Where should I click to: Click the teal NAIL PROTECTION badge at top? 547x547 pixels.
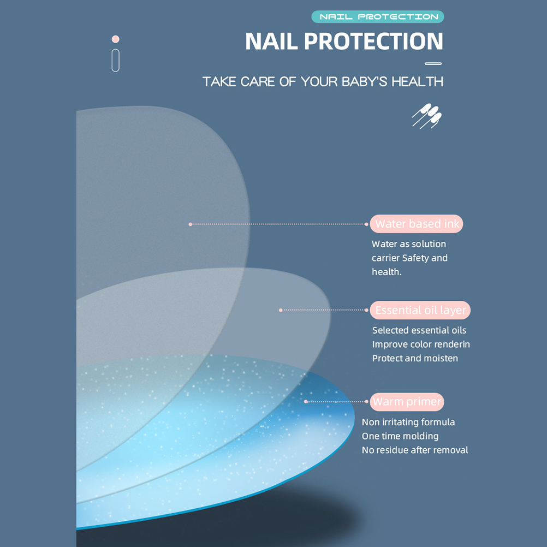point(377,17)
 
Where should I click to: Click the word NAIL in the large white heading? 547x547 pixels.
point(271,41)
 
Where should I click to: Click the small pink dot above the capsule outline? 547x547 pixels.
point(116,39)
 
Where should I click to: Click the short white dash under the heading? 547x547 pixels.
point(433,63)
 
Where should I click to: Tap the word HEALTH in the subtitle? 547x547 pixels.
point(417,82)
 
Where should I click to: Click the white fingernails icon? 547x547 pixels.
point(427,116)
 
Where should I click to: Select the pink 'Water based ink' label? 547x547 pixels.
point(417,224)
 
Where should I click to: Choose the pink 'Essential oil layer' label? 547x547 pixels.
point(420,310)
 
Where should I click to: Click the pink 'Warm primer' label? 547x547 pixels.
point(407,402)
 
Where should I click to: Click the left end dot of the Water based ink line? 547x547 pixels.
point(190,224)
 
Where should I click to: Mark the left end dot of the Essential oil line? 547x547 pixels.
point(281,310)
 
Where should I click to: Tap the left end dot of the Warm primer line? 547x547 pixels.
point(306,402)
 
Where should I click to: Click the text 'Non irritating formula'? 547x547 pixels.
point(408,422)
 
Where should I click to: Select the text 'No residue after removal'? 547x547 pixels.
point(415,450)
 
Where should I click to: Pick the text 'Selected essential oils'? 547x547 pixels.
point(419,330)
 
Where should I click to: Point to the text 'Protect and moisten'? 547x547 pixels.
point(415,358)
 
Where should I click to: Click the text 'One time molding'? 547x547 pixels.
point(400,436)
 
